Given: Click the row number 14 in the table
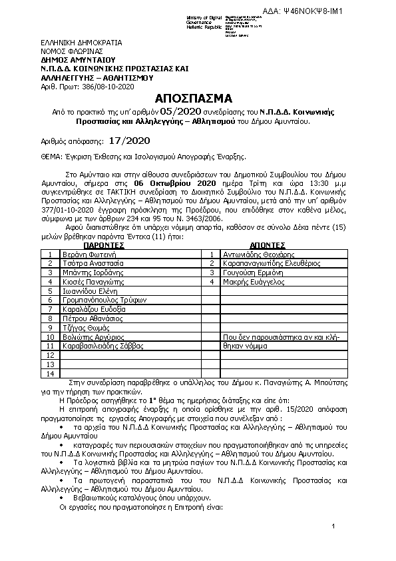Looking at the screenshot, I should [50, 374].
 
